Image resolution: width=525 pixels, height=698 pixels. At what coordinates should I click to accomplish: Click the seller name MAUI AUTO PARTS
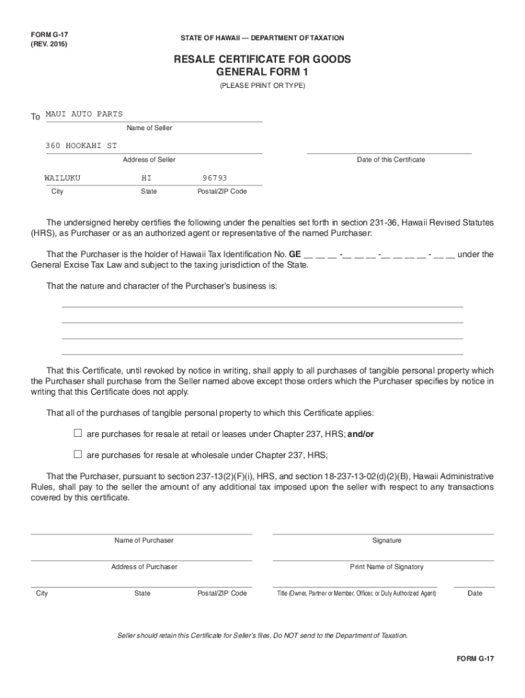(84, 114)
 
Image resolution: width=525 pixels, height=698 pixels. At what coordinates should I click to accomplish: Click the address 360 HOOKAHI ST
(81, 146)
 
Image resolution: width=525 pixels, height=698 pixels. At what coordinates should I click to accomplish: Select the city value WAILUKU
(63, 178)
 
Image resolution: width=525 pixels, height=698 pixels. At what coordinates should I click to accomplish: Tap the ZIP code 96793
(215, 178)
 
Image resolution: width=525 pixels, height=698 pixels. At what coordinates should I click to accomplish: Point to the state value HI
(147, 178)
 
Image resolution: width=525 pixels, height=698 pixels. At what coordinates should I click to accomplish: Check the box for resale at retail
(78, 434)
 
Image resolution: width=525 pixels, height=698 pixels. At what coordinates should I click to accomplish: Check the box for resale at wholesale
(78, 455)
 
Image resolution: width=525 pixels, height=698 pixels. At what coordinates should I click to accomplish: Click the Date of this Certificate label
(391, 160)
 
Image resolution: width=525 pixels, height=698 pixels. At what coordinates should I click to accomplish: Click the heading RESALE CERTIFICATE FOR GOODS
(262, 59)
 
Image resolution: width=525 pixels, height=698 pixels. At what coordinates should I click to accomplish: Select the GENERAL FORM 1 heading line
(262, 72)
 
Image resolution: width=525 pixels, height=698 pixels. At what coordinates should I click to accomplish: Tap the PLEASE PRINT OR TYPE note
(262, 86)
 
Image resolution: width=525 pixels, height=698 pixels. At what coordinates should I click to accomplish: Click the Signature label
(387, 541)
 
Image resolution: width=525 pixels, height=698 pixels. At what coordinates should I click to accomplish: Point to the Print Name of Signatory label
(387, 567)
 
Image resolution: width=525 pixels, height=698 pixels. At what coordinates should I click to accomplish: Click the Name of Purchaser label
(144, 541)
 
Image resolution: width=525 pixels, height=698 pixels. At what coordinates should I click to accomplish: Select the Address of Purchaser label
(144, 567)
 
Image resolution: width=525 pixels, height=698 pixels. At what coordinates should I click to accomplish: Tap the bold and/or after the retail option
(361, 434)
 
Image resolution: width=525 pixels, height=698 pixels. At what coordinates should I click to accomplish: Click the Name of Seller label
(149, 128)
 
